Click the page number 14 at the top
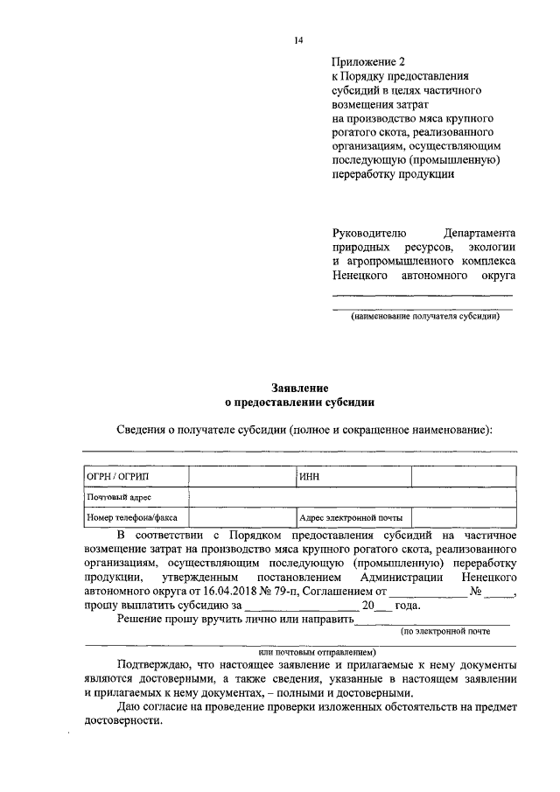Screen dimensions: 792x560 [298, 40]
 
